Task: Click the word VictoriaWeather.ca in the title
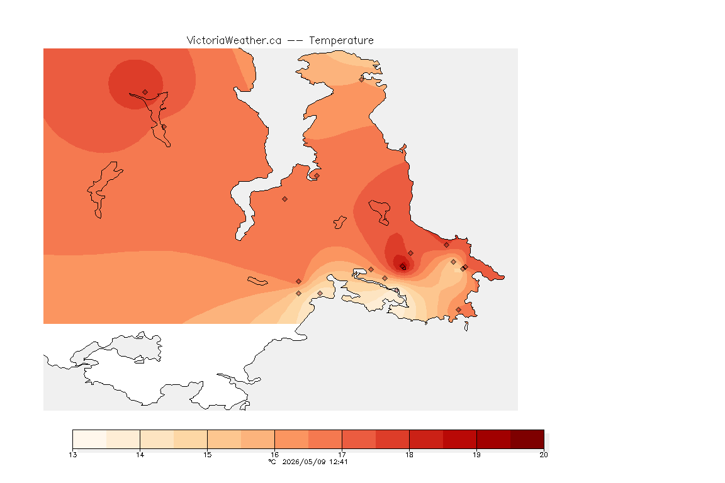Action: coord(234,40)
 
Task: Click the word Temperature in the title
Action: coord(341,40)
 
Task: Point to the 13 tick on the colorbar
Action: coord(72,455)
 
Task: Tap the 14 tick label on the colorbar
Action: coord(140,455)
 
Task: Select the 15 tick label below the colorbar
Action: coord(207,455)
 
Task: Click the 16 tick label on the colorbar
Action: coord(274,455)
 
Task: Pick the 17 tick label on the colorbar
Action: coord(342,455)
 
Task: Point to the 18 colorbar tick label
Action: coord(409,455)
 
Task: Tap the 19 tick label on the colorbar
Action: coord(476,455)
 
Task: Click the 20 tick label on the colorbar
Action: coord(544,455)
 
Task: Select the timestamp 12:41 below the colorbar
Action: coord(339,462)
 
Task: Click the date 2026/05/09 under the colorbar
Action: coord(304,462)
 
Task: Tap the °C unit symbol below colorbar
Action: coord(272,462)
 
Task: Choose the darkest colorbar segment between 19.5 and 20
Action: coord(527,439)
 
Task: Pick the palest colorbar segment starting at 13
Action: coord(89,439)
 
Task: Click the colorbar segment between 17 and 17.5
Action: coord(359,439)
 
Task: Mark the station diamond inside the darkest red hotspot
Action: coord(403,267)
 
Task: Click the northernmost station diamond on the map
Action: coord(362,79)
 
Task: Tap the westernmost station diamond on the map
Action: coord(145,92)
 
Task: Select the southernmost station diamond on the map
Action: coord(458,309)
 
